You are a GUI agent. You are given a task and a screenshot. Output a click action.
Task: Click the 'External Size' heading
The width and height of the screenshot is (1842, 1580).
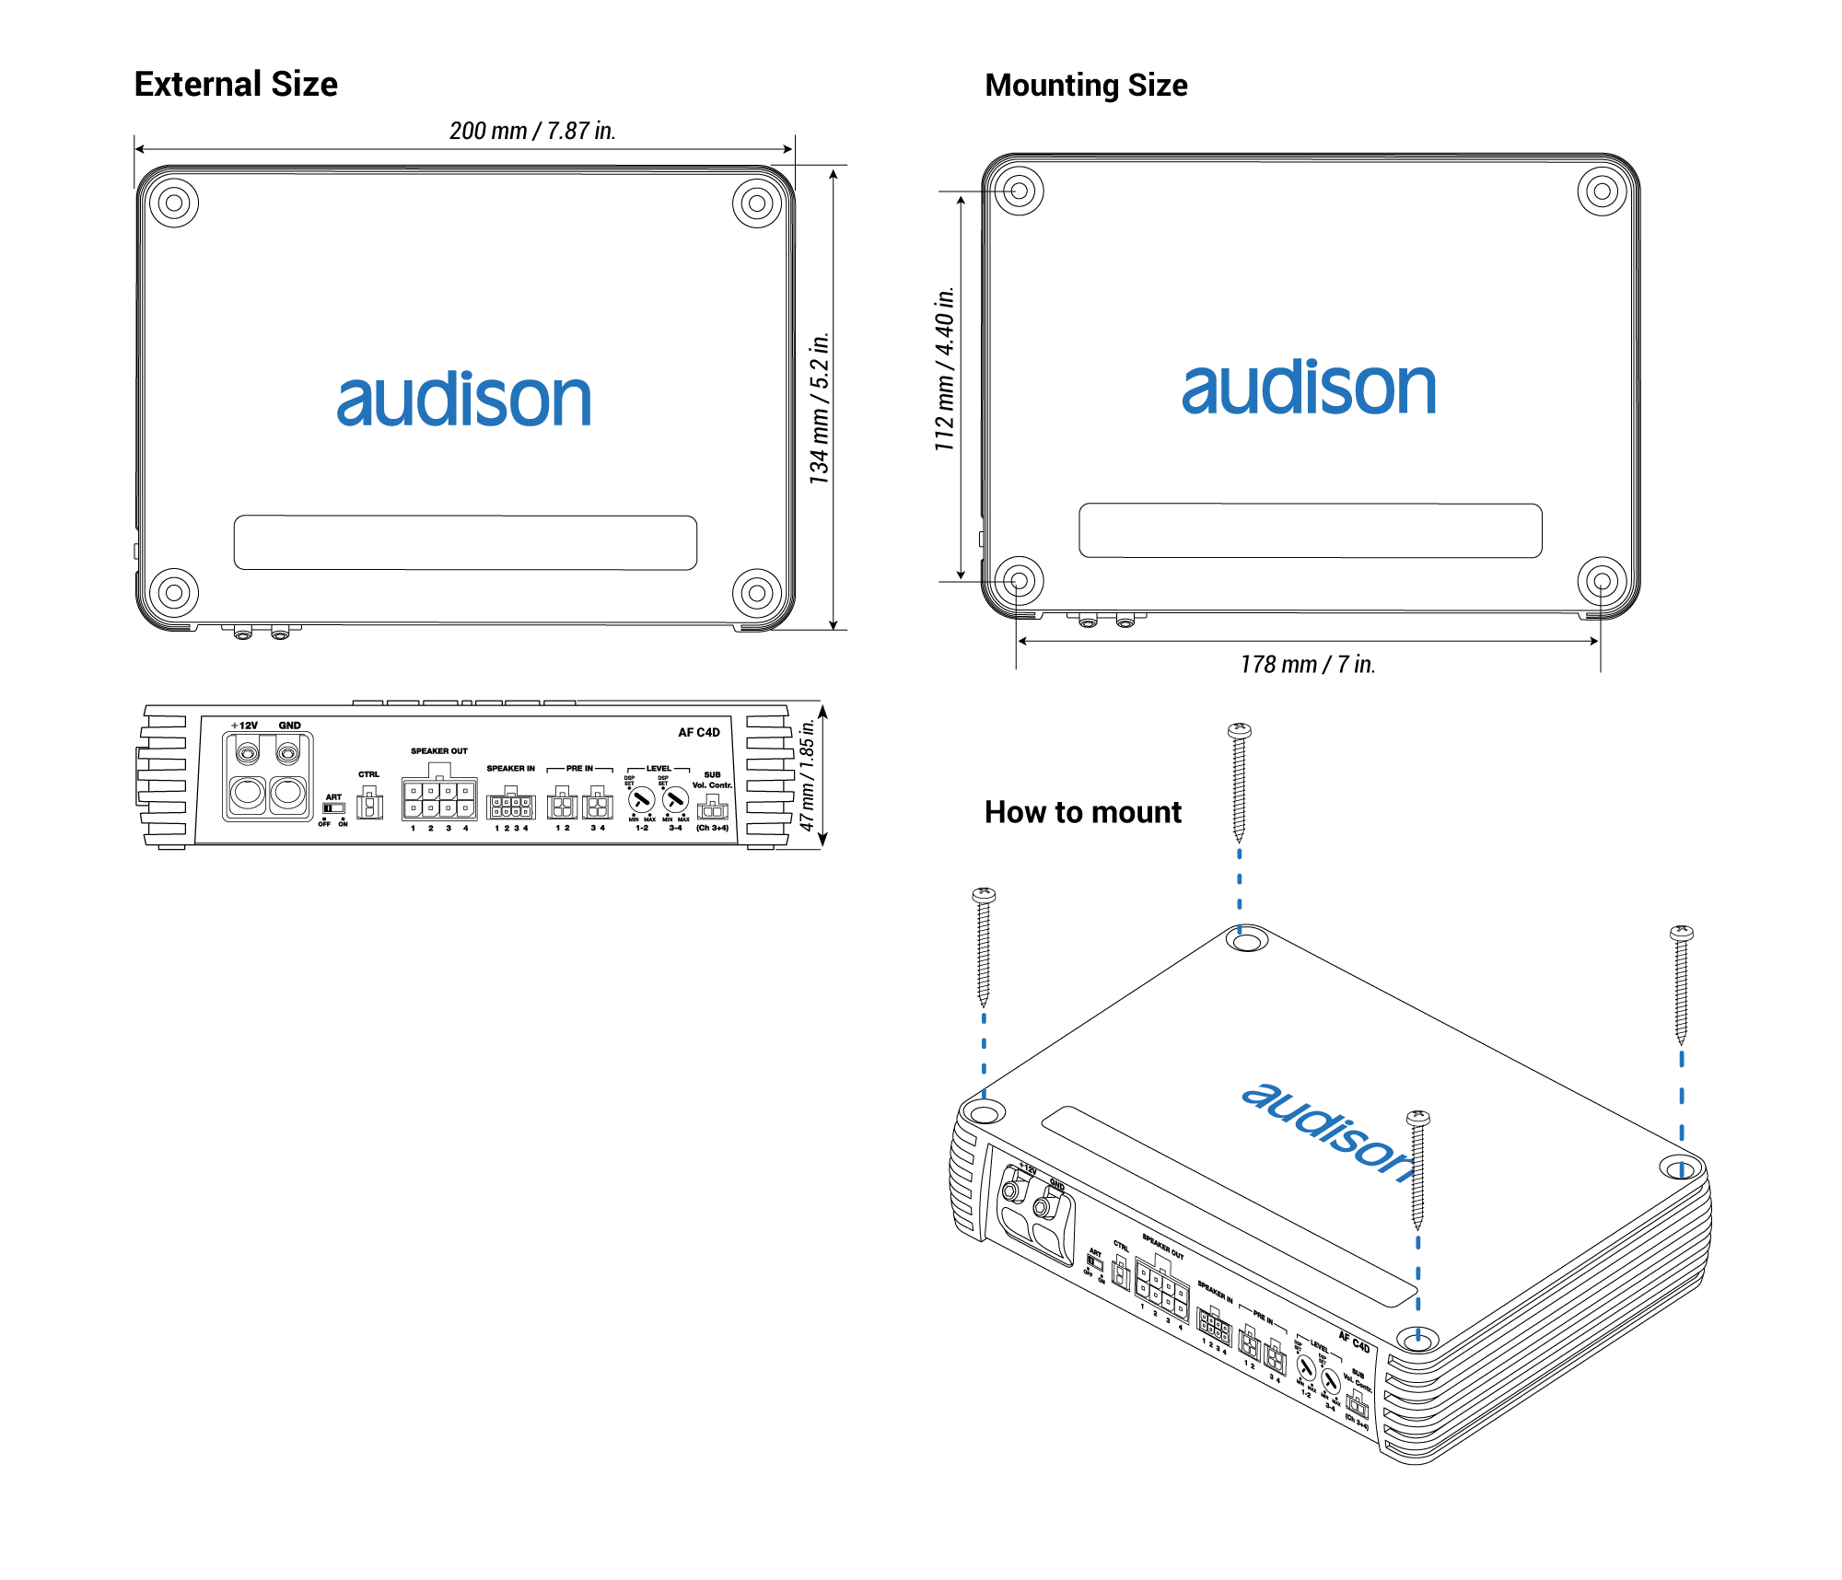[236, 84]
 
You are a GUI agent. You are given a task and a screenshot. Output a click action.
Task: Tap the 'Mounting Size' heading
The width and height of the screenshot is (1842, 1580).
[1086, 86]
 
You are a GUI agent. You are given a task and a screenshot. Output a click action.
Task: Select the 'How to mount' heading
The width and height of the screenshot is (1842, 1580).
[1082, 812]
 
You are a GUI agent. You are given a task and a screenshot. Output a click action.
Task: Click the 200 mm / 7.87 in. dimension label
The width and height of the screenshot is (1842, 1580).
[532, 131]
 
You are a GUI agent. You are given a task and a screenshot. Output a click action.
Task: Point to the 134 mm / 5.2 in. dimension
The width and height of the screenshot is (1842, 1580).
[819, 408]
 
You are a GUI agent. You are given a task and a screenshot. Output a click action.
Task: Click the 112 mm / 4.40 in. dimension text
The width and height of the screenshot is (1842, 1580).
[944, 368]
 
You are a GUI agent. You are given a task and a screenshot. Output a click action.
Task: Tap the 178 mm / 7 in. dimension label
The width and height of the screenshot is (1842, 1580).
[1307, 664]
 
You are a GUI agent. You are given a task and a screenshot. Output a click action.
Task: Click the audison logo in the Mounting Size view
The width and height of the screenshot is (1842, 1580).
[1309, 387]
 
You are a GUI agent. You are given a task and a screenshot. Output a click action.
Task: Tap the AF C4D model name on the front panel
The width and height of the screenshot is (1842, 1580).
[699, 732]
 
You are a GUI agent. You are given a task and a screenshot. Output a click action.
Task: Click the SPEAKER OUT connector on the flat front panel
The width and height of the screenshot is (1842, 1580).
[439, 798]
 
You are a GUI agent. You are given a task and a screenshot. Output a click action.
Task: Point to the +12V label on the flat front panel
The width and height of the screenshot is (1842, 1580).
[245, 726]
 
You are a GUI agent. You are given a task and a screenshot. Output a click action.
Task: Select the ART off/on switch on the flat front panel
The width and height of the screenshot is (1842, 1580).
[332, 808]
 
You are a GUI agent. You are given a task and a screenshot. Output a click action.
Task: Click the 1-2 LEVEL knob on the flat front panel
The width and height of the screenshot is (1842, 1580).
[641, 800]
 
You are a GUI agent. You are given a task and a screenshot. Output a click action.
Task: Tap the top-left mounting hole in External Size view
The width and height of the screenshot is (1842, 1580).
[173, 203]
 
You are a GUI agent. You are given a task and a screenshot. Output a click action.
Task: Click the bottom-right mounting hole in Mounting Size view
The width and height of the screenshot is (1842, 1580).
[1602, 581]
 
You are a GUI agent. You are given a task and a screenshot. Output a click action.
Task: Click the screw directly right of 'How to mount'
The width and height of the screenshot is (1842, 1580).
[1239, 783]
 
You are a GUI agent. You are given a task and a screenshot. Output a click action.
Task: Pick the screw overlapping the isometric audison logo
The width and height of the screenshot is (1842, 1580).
[1417, 1169]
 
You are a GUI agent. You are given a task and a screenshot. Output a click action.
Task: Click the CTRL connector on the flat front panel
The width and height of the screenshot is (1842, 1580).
[369, 804]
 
